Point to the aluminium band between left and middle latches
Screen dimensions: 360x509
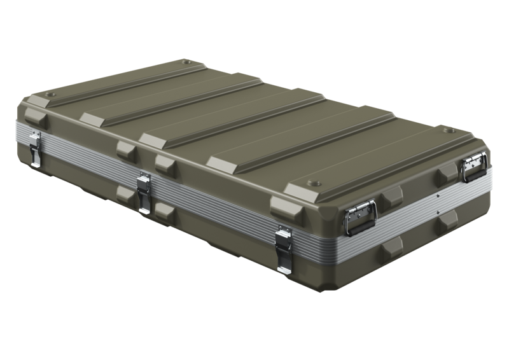(89, 168)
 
